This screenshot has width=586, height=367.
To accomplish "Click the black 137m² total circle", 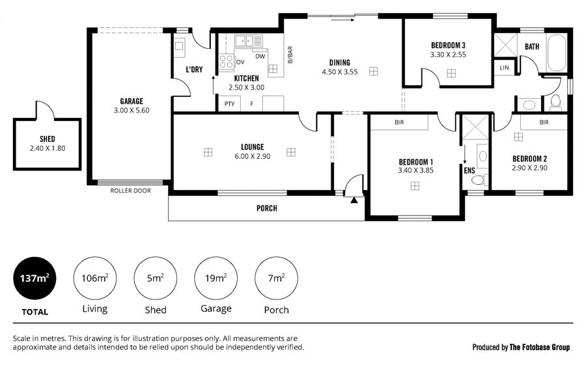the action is tap(35, 278).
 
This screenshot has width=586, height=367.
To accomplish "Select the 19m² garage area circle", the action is tap(216, 278).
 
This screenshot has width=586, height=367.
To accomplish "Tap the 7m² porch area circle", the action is tap(276, 278).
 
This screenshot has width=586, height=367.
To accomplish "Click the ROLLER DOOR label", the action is tap(130, 191).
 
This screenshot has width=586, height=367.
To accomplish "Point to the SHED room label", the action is tap(48, 139).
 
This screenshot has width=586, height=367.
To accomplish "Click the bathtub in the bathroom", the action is tap(556, 53).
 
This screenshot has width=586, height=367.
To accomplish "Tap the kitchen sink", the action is tap(249, 40).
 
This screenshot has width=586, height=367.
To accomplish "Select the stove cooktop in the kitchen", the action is tap(226, 62).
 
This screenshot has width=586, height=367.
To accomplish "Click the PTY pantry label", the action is tap(229, 104).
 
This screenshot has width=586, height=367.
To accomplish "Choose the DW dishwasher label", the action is tap(260, 57).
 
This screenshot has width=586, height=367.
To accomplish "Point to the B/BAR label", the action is tap(290, 55).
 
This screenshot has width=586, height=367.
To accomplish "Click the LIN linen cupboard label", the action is tap(504, 68).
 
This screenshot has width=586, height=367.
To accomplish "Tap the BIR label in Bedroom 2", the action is tap(544, 122).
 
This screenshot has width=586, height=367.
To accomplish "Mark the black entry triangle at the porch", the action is tap(354, 200).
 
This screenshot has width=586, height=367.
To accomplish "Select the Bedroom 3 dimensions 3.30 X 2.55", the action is tap(448, 55).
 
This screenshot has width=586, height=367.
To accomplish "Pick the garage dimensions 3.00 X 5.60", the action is tap(132, 110).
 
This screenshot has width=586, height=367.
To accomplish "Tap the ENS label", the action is tap(469, 170).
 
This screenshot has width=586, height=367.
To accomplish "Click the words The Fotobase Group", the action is tap(540, 347).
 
